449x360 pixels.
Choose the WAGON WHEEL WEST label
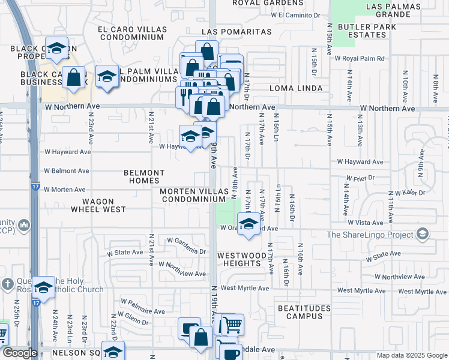coord(98,205)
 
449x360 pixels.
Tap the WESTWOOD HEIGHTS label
coord(241,259)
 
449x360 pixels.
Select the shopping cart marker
coord(232,325)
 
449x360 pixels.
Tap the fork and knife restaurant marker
coord(184,96)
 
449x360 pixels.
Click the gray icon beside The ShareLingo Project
coord(422,234)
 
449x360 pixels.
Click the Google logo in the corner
coord(19,353)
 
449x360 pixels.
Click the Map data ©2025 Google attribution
coord(411,355)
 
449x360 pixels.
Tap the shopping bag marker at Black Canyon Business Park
coord(73,77)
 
